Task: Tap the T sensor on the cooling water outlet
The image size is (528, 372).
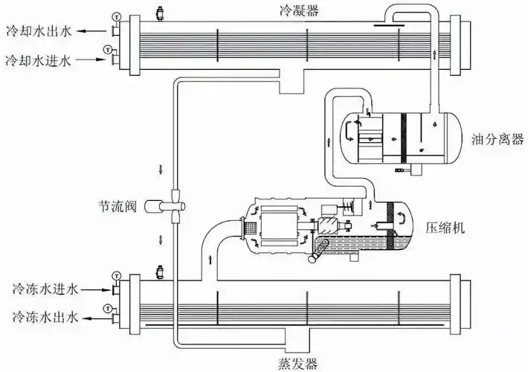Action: coord(115,16)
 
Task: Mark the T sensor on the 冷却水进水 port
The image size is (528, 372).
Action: coord(108,49)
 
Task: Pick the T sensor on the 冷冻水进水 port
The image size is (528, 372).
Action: coord(115,277)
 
